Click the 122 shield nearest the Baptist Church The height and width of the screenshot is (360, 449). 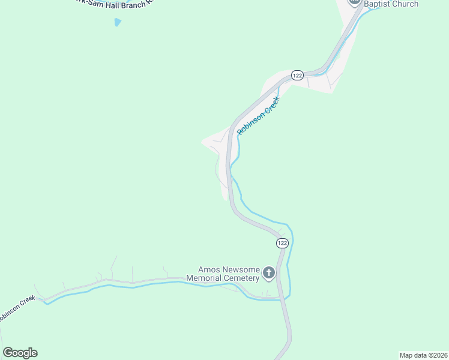(x=297, y=75)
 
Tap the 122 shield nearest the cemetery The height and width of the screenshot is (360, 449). (x=282, y=243)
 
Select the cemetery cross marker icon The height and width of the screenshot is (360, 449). (x=269, y=274)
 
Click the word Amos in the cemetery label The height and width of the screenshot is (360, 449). (x=210, y=269)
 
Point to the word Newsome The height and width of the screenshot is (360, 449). (x=242, y=269)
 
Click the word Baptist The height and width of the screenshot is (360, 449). (x=380, y=4)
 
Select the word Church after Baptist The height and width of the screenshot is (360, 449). (x=407, y=4)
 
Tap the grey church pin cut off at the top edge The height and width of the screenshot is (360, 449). (x=354, y=2)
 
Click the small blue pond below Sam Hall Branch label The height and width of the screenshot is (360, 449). (x=117, y=22)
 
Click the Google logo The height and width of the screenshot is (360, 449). (x=20, y=353)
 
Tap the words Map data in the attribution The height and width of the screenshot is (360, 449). (x=412, y=355)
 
